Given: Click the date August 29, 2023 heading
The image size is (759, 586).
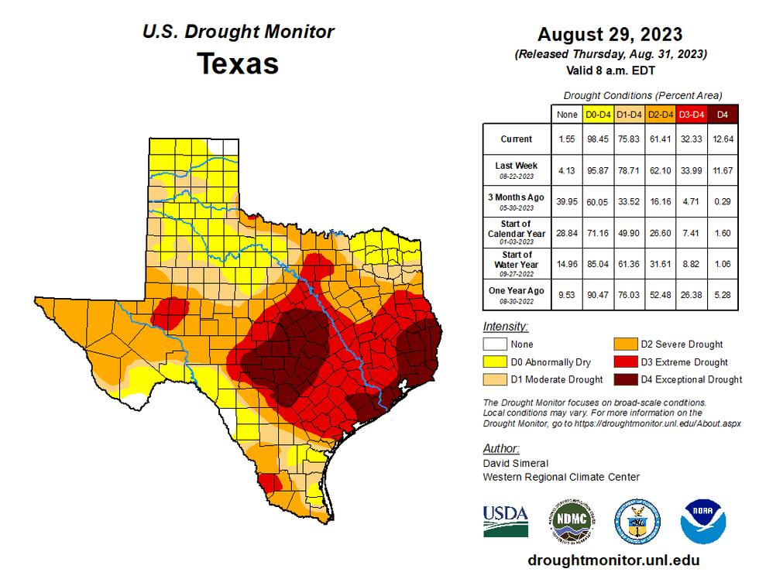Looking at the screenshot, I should click(610, 35).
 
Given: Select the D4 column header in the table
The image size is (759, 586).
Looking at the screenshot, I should click(723, 115).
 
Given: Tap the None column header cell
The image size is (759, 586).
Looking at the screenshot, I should click(566, 115).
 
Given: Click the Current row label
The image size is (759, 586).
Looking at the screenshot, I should click(516, 139).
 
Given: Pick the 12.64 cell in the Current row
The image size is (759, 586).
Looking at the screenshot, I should click(723, 139).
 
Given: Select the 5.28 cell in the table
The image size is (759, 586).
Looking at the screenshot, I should click(723, 294).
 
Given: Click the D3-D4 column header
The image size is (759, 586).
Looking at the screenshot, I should click(691, 115).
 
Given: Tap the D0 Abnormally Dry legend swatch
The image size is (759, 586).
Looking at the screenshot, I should click(496, 362).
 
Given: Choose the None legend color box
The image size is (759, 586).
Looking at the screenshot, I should click(496, 344).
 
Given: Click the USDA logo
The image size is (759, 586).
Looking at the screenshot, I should click(506, 520).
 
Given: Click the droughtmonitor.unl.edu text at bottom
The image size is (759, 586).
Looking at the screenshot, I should click(613, 560).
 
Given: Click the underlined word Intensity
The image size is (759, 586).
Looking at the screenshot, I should click(505, 326).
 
